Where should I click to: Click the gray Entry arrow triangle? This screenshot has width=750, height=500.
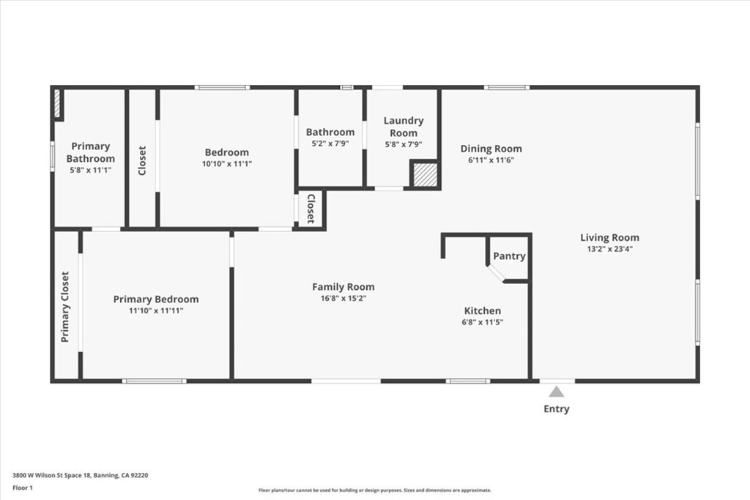556,392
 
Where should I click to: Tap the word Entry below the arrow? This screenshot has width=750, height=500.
557,409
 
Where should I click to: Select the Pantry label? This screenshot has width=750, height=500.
510,256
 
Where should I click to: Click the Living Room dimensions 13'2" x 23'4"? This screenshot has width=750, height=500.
610,249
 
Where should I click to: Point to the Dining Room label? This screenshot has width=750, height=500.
491,149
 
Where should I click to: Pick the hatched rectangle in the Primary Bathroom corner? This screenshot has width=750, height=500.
57,103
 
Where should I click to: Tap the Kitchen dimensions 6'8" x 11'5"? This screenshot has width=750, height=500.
482,323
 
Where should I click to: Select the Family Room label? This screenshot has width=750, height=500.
344,287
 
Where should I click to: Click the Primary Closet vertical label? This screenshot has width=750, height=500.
65,307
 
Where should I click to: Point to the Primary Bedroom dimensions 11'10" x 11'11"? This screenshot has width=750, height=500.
156,310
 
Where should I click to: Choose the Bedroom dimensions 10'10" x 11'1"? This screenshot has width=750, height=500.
227,164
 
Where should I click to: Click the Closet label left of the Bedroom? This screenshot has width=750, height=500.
142,160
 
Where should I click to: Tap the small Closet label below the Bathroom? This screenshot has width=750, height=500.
311,209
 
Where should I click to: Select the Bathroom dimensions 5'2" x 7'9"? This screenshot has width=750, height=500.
330,144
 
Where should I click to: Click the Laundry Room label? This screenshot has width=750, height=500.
404,127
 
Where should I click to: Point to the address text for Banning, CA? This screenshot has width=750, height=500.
81,475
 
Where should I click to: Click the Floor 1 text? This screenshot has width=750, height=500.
23,488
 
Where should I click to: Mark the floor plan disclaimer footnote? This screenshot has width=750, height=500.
375,490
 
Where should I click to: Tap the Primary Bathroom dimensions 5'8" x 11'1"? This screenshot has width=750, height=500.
90,170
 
